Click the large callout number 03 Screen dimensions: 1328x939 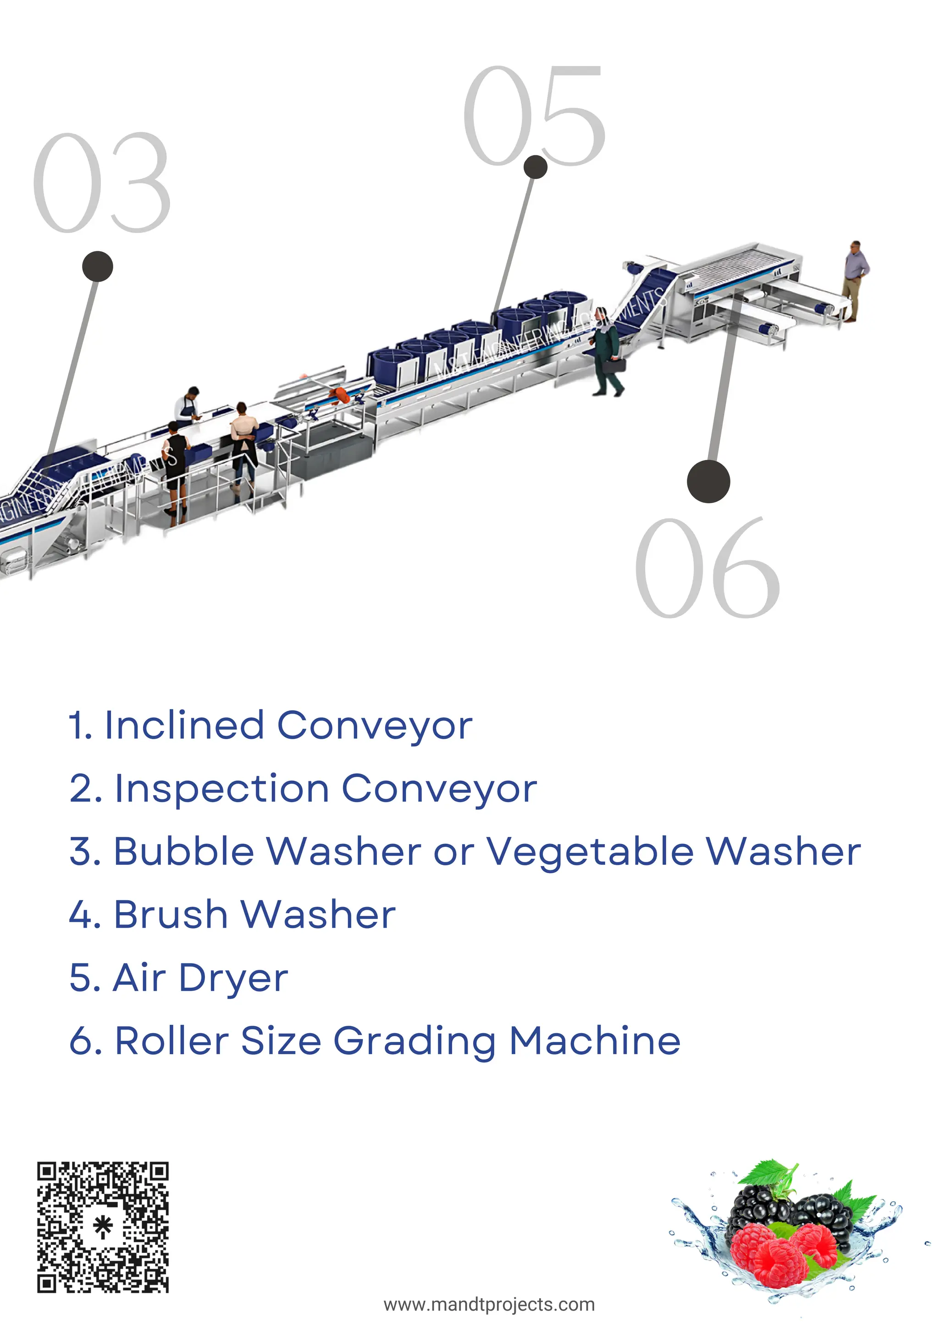(x=102, y=183)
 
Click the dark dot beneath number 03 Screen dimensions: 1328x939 (x=98, y=266)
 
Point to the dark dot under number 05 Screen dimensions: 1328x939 (x=536, y=167)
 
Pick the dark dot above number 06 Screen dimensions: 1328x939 (x=708, y=481)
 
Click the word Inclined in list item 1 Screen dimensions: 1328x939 (x=184, y=725)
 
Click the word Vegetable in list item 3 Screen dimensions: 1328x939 (x=590, y=852)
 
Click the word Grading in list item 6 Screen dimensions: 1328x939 (x=414, y=1042)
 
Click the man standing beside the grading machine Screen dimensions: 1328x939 (x=855, y=279)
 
